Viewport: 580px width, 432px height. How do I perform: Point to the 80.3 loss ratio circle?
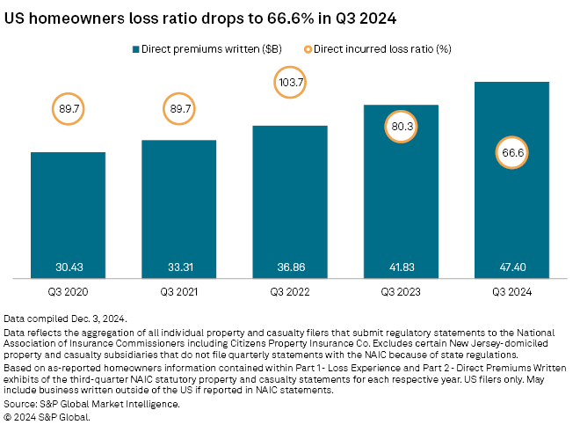coord(401,125)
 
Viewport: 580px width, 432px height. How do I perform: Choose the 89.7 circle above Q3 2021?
coord(178,109)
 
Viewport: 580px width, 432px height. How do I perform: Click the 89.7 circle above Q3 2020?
coord(68,109)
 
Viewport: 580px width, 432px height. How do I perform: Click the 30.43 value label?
coord(68,266)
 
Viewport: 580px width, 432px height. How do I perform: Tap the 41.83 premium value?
coord(401,266)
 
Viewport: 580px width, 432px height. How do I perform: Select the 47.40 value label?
coord(511,266)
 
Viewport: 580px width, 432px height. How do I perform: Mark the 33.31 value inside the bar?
coord(178,266)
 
